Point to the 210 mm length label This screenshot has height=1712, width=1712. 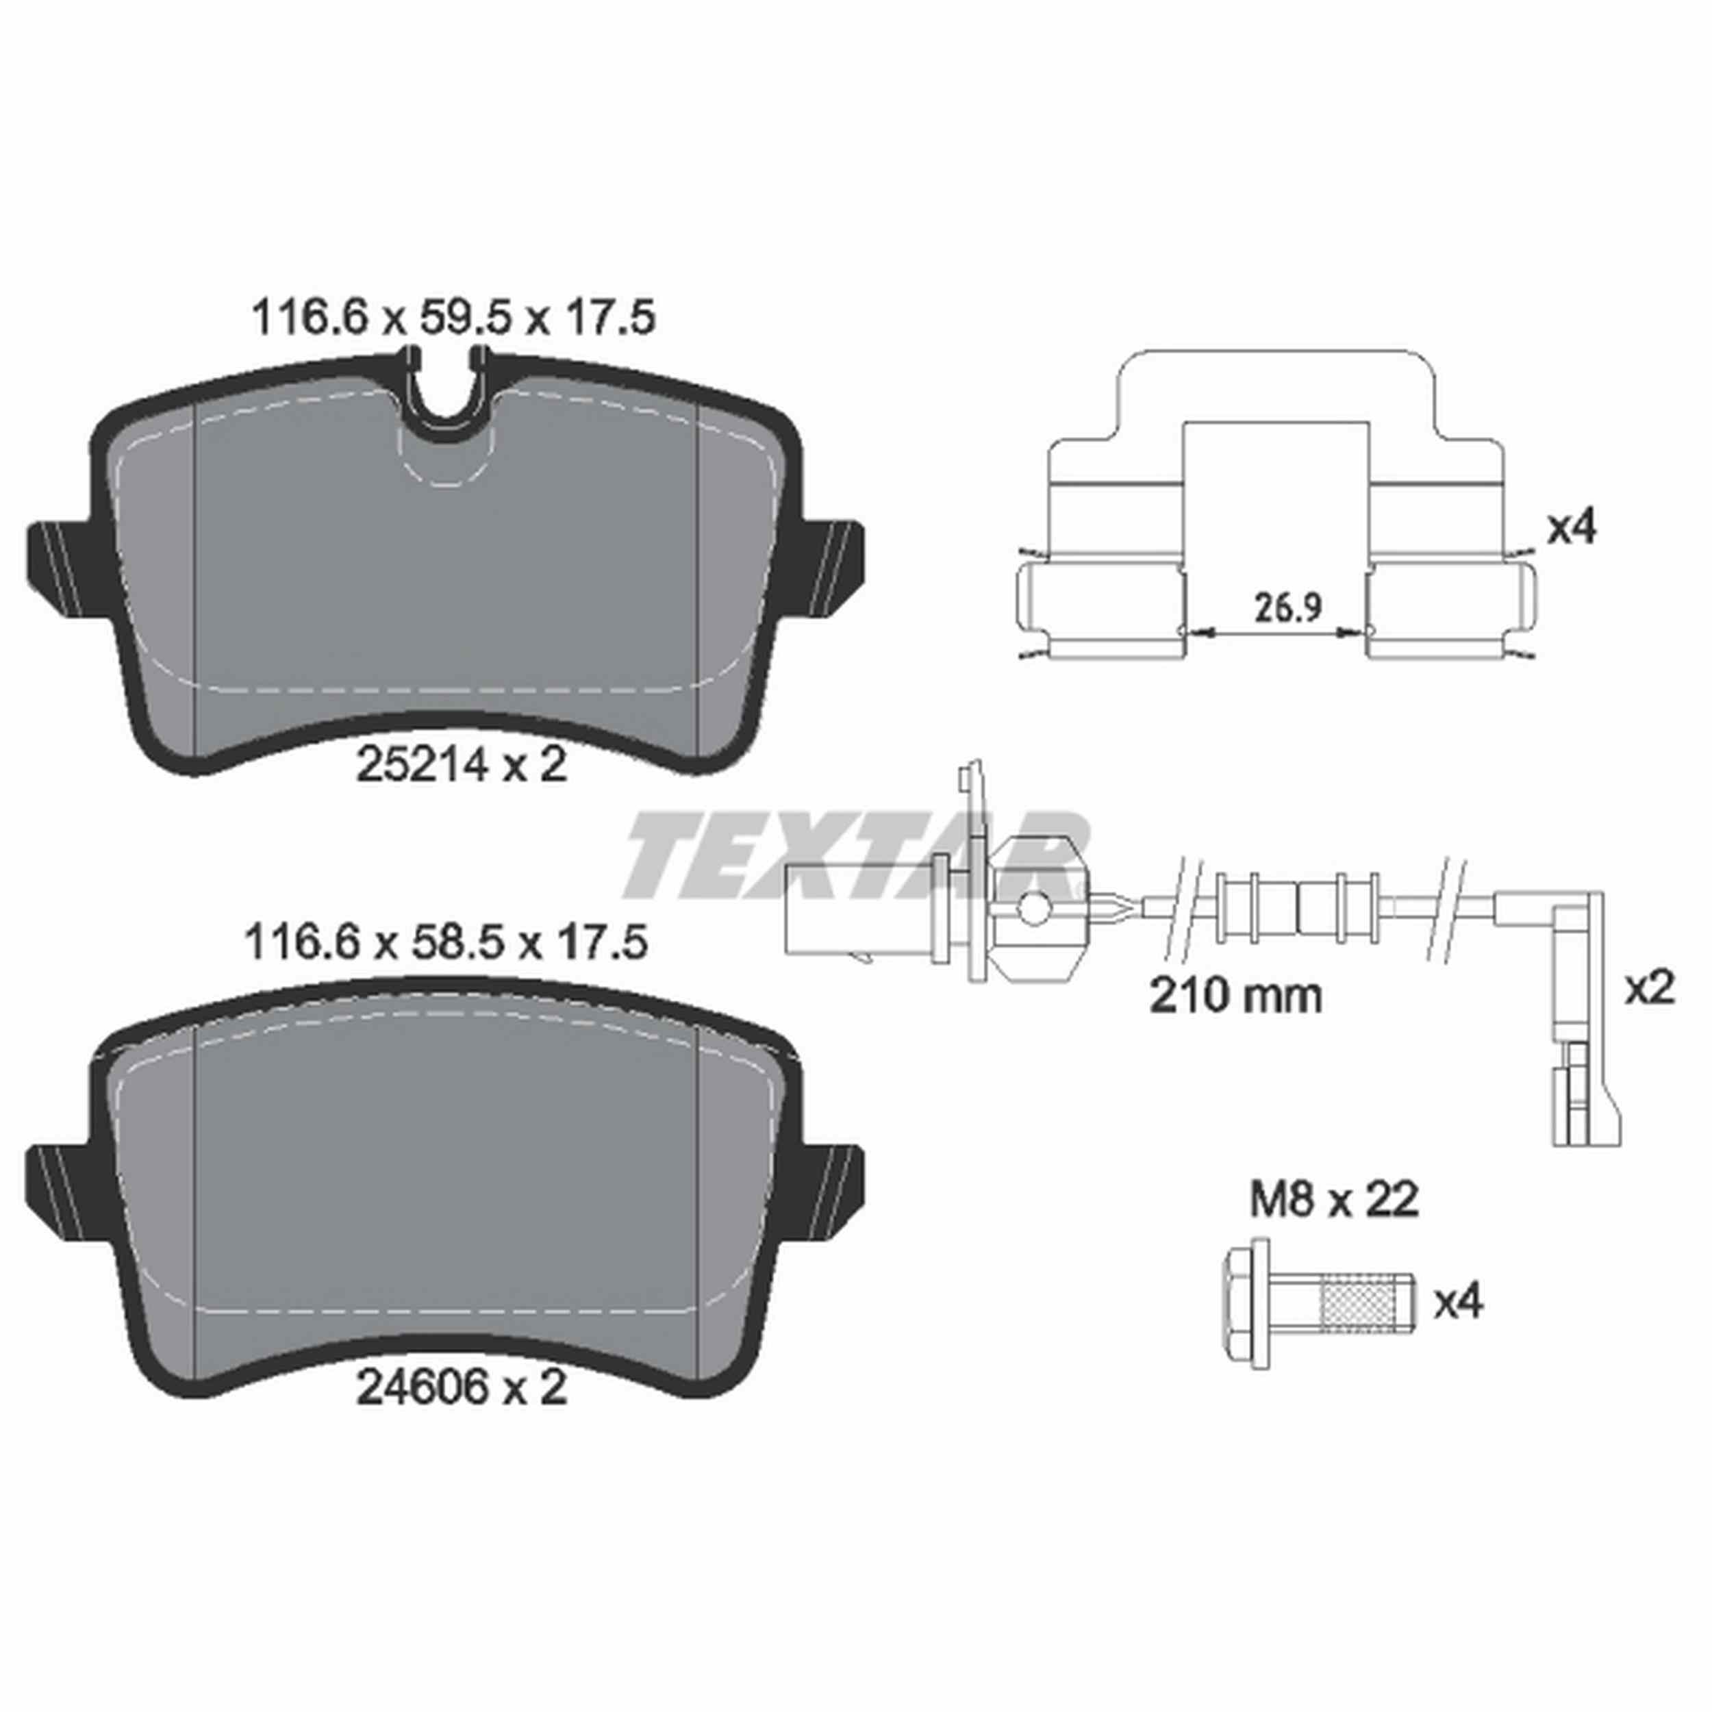point(1235,996)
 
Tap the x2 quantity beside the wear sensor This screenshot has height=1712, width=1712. point(1649,987)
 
